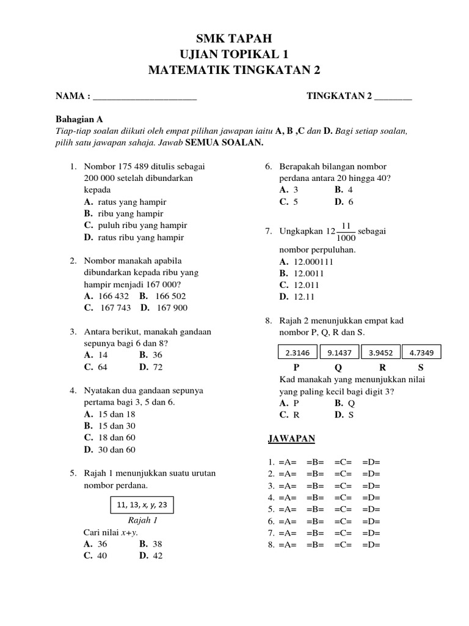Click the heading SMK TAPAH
coord(234,40)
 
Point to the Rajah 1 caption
coord(142,521)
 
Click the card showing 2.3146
coord(297,353)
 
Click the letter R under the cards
coord(383,368)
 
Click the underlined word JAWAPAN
coord(292,439)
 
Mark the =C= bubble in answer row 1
coord(343,462)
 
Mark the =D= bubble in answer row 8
coord(371,545)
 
